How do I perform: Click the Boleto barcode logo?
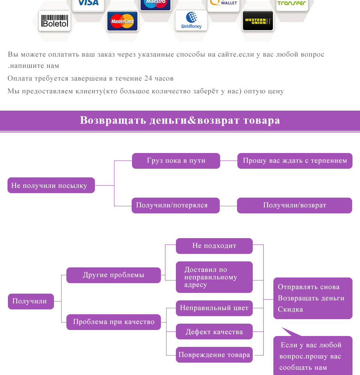pyautogui.click(x=55, y=22)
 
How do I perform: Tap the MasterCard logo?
pyautogui.click(x=122, y=21)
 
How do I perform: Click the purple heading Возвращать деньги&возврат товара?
pyautogui.click(x=180, y=120)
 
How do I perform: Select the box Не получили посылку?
pyautogui.click(x=51, y=185)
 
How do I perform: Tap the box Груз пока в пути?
pyautogui.click(x=176, y=160)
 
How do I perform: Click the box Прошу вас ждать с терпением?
pyautogui.click(x=295, y=160)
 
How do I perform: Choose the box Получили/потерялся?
pyautogui.click(x=175, y=205)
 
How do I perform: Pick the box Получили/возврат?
pyautogui.click(x=294, y=205)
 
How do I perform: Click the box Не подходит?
pyautogui.click(x=214, y=246)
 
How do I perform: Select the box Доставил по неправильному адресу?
pyautogui.click(x=214, y=277)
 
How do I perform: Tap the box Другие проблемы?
pyautogui.click(x=113, y=275)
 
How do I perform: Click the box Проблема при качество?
pyautogui.click(x=113, y=322)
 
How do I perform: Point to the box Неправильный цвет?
pyautogui.click(x=214, y=308)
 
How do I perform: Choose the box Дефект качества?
pyautogui.click(x=214, y=332)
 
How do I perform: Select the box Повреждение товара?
pyautogui.click(x=214, y=355)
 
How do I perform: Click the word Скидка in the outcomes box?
pyautogui.click(x=290, y=309)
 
